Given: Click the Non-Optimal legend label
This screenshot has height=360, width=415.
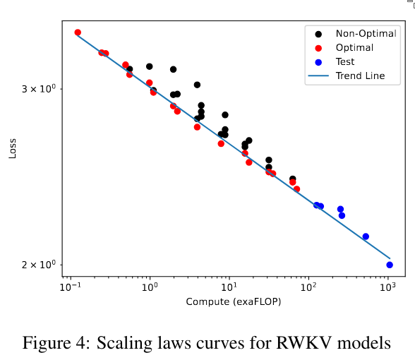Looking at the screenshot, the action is (366, 34).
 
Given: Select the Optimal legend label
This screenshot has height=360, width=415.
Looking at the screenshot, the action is (354, 48).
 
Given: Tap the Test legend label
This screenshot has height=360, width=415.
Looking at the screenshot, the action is (345, 61).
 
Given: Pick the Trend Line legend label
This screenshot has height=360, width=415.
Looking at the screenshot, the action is (360, 76).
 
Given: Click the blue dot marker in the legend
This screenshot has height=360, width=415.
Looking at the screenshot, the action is (318, 62).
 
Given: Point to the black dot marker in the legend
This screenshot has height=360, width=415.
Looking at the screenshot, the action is (318, 34).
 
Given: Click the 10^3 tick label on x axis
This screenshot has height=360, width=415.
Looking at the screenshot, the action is (387, 287).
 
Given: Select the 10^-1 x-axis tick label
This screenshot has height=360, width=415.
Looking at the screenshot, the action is (71, 287).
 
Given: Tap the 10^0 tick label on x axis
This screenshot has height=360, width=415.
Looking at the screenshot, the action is (150, 287).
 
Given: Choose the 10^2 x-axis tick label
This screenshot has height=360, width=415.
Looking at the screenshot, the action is (308, 287).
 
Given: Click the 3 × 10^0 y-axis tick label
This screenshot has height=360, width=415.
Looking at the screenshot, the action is (39, 89).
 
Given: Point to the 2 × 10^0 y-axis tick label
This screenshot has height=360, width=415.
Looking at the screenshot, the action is (39, 265).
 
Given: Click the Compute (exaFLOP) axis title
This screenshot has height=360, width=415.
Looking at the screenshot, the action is (234, 302).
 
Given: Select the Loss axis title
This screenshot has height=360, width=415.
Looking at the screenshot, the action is (12, 148).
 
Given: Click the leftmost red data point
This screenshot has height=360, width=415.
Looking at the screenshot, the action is (78, 32).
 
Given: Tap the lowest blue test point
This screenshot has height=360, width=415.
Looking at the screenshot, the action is (390, 265).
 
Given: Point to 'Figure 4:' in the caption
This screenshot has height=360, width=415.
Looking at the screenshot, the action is (56, 343).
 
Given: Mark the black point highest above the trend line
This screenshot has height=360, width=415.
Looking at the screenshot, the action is (173, 69).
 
